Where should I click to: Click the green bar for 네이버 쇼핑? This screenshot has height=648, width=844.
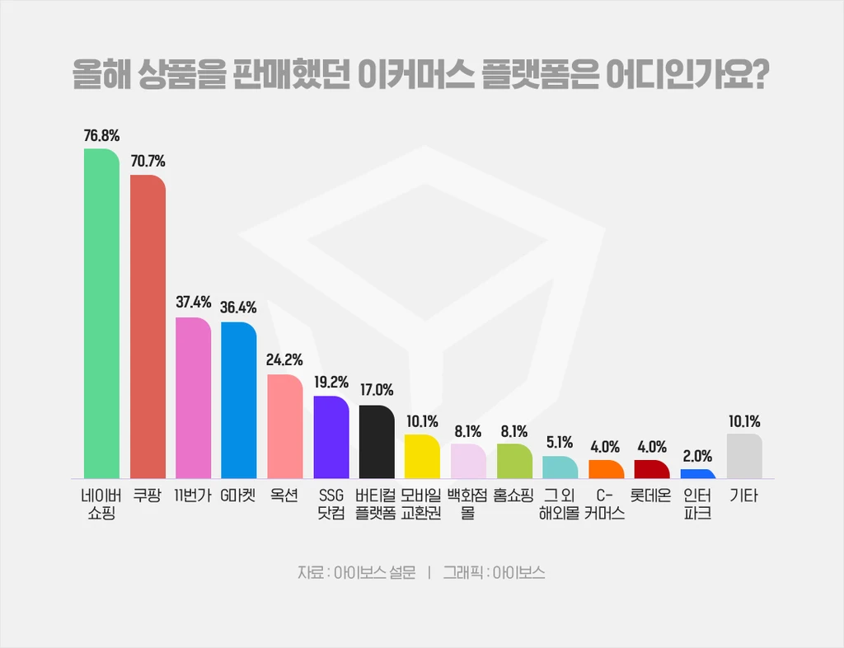coord(101,313)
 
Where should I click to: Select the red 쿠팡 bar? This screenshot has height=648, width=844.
coord(148,326)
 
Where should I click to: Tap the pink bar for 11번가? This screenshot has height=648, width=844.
coord(194,397)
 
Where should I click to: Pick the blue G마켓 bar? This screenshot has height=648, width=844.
coord(239,400)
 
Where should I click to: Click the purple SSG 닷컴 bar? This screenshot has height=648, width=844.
coord(331,437)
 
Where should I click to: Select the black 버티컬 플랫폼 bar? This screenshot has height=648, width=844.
coord(377,442)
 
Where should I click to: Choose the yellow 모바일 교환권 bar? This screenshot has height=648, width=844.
coord(422,457)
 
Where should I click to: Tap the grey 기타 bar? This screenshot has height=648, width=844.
coord(745,457)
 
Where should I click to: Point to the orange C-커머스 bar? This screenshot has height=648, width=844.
coord(607,470)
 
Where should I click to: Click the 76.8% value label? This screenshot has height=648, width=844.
coord(101,135)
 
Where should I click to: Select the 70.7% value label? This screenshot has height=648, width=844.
coord(148,162)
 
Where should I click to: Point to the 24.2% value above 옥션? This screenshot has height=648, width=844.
coord(285,360)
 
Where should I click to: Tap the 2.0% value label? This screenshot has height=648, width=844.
coord(698,456)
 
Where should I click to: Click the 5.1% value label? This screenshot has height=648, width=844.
coord(560,443)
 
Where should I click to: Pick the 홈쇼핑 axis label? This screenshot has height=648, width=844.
coord(513,496)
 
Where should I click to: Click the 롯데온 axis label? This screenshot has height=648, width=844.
coord(651,496)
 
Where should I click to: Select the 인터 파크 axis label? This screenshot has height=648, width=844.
coord(698,505)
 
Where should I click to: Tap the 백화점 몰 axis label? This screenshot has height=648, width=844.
coord(467,505)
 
